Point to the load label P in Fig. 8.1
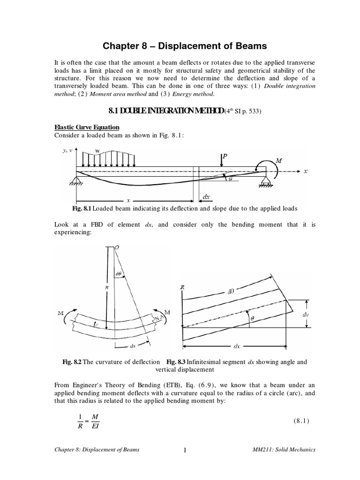[225, 157]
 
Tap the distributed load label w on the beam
[97, 151]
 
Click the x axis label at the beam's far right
[305, 172]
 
